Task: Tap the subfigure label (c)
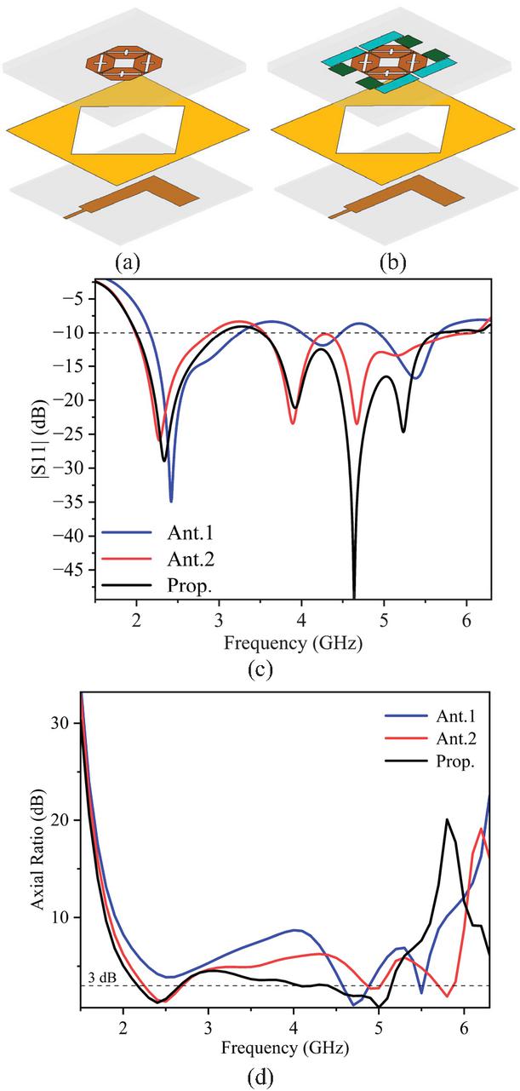[260, 669]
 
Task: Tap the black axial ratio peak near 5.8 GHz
[447, 820]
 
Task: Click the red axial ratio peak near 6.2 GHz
[482, 829]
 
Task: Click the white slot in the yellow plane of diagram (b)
[393, 129]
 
